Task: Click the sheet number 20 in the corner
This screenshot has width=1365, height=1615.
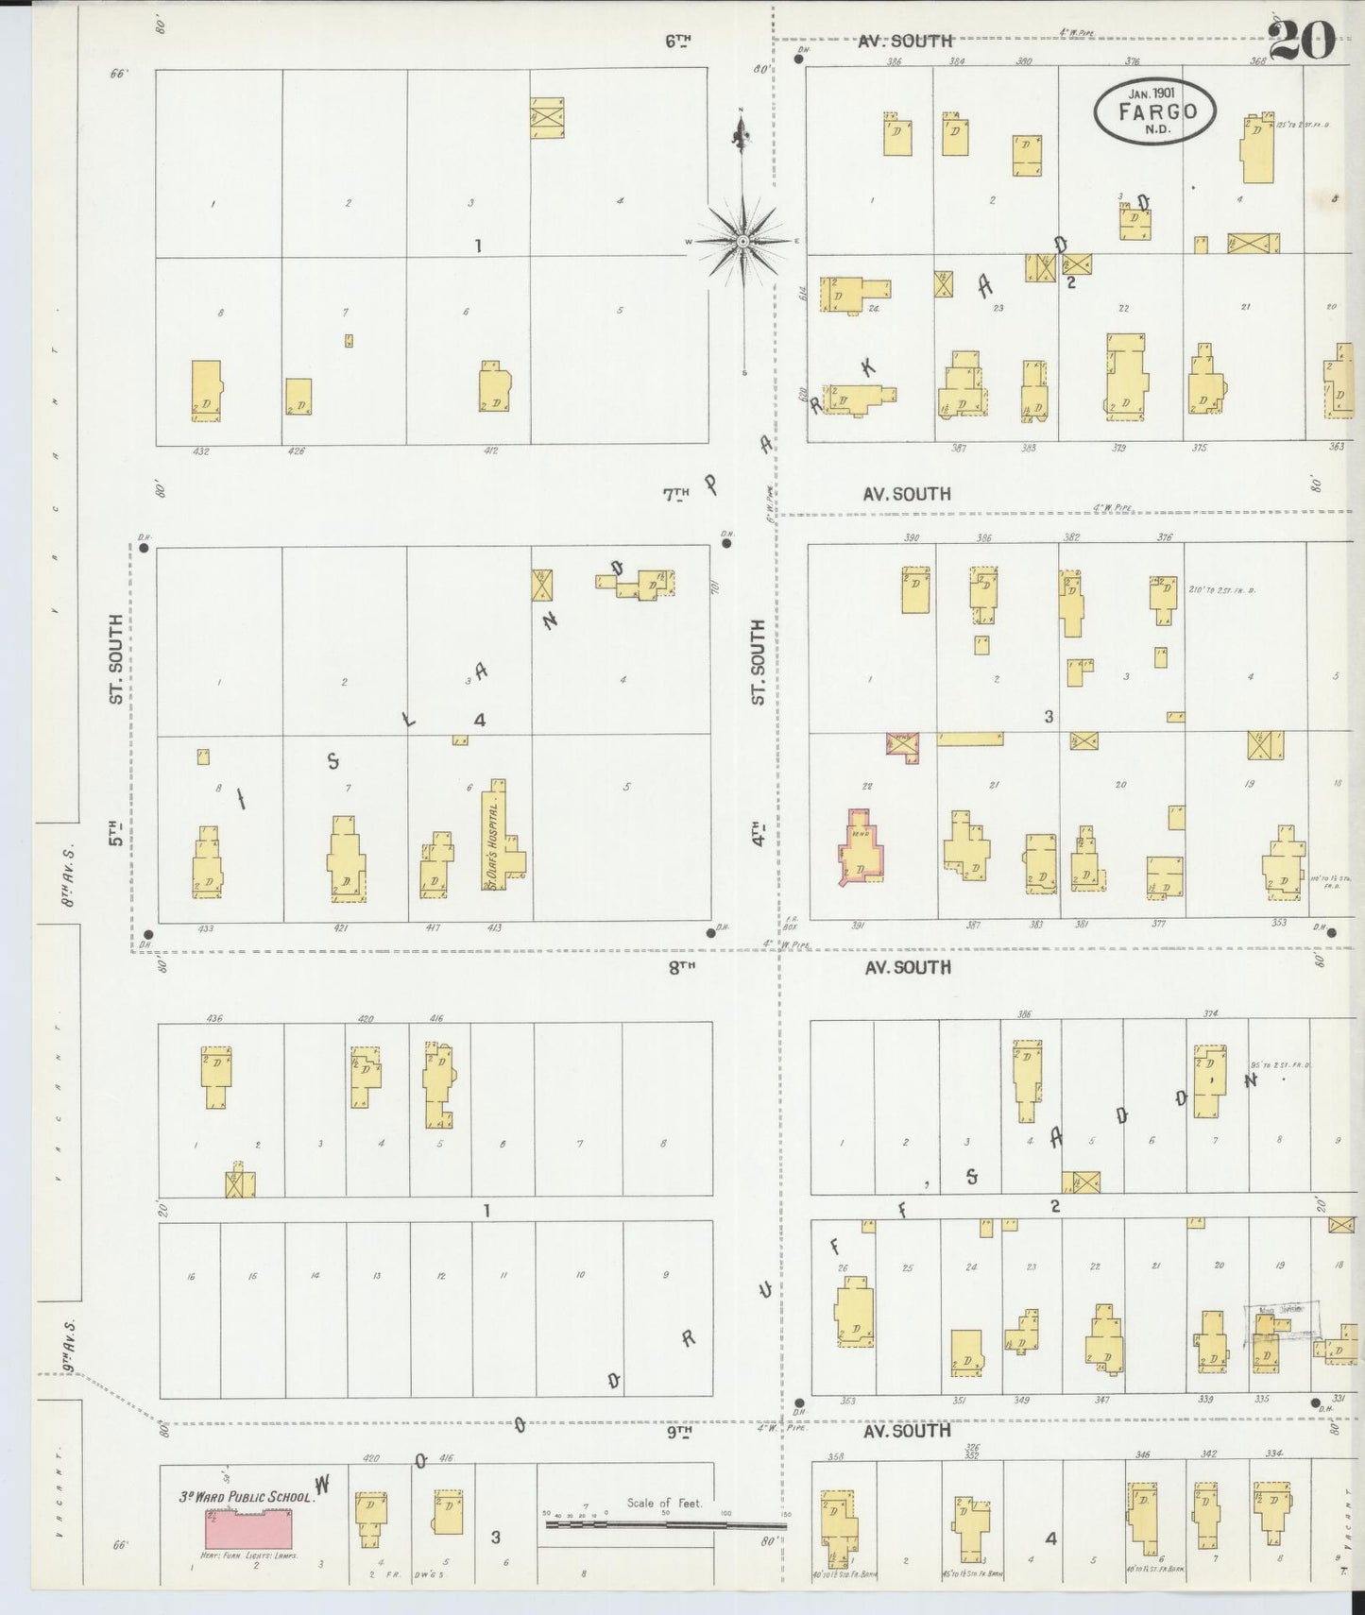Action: tap(1302, 40)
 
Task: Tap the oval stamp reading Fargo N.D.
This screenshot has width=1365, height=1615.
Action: tap(1154, 111)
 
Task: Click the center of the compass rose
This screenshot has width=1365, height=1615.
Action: tap(744, 242)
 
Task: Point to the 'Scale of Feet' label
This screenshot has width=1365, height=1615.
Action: tap(664, 1503)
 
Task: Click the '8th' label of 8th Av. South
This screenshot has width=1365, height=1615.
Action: tap(682, 966)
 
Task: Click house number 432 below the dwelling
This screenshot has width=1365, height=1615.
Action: tap(200, 451)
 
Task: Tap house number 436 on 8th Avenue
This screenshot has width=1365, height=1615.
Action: tap(214, 1018)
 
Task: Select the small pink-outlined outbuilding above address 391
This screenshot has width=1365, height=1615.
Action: tap(902, 746)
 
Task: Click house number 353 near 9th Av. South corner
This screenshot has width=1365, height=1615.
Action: tap(847, 1401)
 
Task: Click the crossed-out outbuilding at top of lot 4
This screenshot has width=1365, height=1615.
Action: tap(547, 118)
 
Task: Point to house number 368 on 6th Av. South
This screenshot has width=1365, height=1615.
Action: tap(1257, 61)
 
